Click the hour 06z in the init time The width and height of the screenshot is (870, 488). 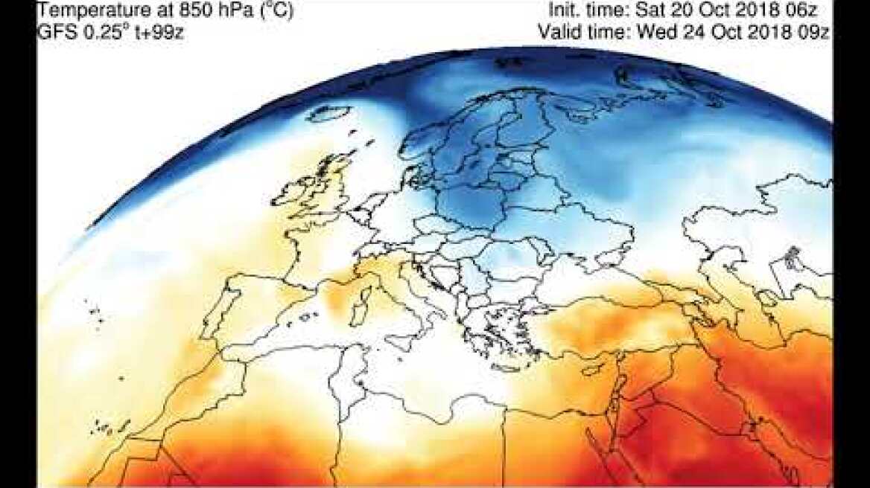point(813,11)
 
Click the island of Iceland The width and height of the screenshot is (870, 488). point(329,114)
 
